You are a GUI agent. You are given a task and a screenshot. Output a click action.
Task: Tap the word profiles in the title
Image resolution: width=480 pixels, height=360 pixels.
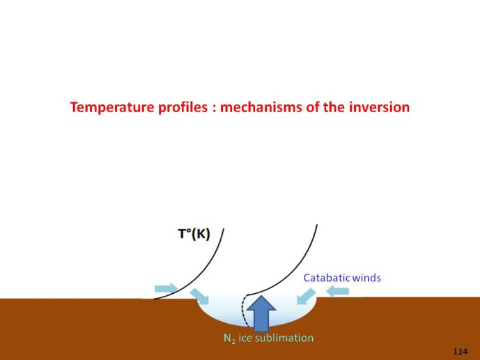(x=183, y=108)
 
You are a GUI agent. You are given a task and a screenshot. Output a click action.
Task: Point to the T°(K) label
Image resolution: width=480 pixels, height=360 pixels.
(x=194, y=234)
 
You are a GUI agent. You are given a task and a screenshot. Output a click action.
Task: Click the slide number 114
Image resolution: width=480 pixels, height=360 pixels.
(x=460, y=352)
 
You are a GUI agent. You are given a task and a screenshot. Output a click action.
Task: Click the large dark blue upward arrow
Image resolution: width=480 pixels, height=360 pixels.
(x=261, y=313)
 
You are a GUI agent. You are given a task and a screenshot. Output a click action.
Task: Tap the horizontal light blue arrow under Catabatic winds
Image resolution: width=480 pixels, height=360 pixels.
(x=337, y=291)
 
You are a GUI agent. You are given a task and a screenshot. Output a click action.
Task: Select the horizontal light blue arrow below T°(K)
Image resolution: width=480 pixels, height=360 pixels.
(x=167, y=288)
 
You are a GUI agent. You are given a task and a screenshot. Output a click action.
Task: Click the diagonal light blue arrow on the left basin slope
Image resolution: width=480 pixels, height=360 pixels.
(x=199, y=297)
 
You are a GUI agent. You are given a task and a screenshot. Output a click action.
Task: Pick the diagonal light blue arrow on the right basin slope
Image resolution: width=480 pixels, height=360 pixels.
(x=306, y=297)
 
